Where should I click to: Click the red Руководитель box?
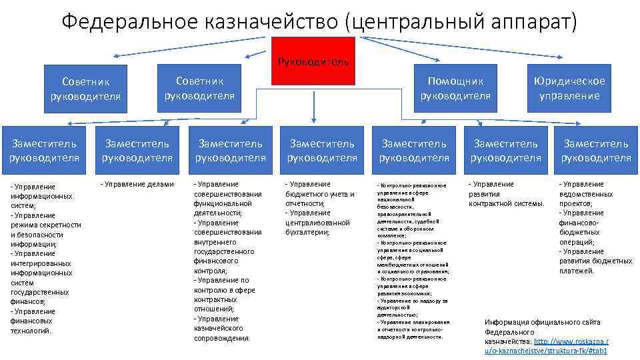pyautogui.click(x=313, y=61)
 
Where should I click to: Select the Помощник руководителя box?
pyautogui.click(x=455, y=88)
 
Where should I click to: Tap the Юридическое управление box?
pyautogui.click(x=569, y=88)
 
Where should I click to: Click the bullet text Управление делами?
pyautogui.click(x=137, y=185)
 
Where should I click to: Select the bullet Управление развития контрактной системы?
pyautogui.click(x=507, y=194)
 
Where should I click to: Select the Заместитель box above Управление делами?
pyautogui.click(x=137, y=151)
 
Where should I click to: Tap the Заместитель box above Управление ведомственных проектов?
pyautogui.click(x=595, y=151)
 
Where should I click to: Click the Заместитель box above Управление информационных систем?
pyautogui.click(x=44, y=151)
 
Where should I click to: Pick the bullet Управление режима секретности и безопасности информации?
pyautogui.click(x=45, y=230)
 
